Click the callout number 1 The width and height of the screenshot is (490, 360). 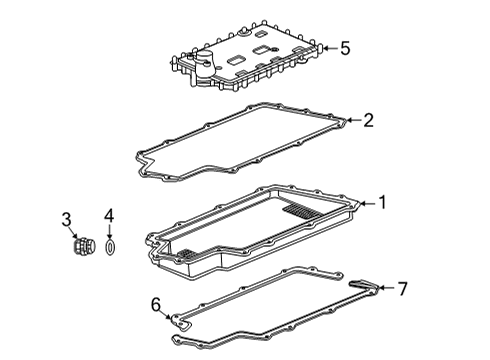click(x=381, y=203)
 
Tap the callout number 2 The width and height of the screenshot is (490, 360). click(x=368, y=121)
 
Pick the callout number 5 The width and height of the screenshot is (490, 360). click(x=345, y=47)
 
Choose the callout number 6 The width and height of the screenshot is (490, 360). click(x=155, y=303)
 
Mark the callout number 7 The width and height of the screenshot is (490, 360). click(x=402, y=290)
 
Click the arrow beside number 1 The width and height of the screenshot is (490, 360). click(x=366, y=203)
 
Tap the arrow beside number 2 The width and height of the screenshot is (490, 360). click(x=352, y=122)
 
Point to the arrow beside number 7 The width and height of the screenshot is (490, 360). click(x=386, y=290)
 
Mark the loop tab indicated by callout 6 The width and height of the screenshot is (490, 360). click(x=178, y=324)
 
